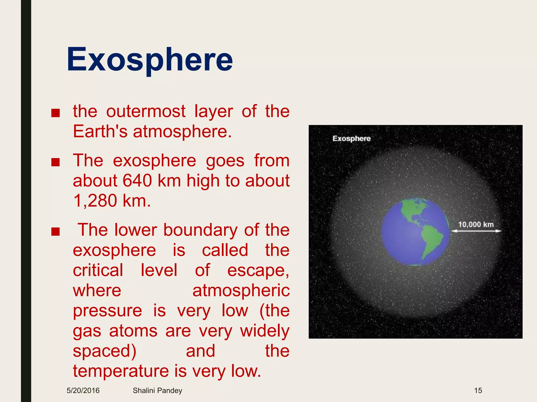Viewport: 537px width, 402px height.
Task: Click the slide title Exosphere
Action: [149, 60]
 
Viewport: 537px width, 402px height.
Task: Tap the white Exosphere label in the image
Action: [351, 138]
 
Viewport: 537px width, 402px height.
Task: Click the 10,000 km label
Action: [476, 225]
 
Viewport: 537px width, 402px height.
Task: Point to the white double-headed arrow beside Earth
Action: [476, 231]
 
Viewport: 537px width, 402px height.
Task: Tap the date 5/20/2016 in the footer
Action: [83, 390]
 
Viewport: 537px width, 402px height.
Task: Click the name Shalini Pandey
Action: [157, 390]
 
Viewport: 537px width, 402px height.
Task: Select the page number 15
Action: [478, 390]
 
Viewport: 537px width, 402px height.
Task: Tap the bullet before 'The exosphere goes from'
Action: [56, 163]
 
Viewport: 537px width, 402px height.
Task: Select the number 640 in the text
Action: [137, 181]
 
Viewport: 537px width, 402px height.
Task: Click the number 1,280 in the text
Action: [95, 201]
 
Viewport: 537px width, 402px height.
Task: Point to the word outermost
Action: [146, 111]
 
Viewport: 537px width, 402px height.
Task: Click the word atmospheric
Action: [241, 291]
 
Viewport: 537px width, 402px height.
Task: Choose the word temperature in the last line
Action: [121, 371]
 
